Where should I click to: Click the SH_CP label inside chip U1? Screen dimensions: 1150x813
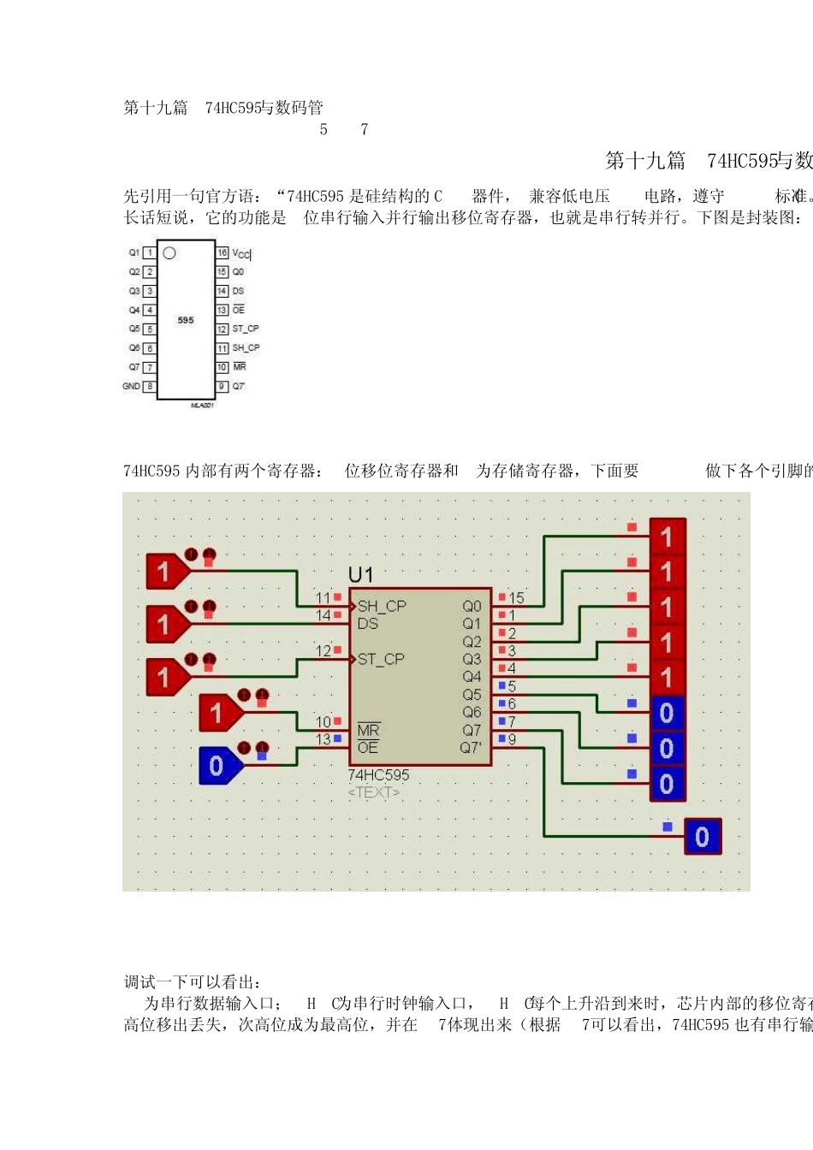pyautogui.click(x=382, y=606)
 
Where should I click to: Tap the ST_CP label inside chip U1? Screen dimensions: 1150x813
pyautogui.click(x=381, y=659)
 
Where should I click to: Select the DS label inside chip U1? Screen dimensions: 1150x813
pyautogui.click(x=368, y=624)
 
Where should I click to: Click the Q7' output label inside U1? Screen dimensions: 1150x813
pyautogui.click(x=471, y=748)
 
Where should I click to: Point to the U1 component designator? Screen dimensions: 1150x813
pyautogui.click(x=361, y=574)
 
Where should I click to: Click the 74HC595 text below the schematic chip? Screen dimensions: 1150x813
pyautogui.click(x=378, y=775)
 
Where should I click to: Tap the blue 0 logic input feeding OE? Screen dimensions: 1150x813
pyautogui.click(x=218, y=766)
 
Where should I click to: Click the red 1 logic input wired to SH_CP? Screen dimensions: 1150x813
pyautogui.click(x=165, y=572)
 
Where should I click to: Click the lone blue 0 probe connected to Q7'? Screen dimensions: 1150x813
pyautogui.click(x=703, y=837)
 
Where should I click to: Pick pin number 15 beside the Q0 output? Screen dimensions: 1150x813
pyautogui.click(x=516, y=598)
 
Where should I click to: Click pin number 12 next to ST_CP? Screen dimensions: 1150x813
pyautogui.click(x=323, y=651)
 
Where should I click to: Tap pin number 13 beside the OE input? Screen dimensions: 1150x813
pyautogui.click(x=323, y=739)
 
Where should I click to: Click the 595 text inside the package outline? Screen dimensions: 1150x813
pyautogui.click(x=186, y=320)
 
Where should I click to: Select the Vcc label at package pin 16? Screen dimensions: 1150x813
pyautogui.click(x=241, y=253)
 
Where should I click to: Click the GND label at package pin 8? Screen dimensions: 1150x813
pyautogui.click(x=131, y=386)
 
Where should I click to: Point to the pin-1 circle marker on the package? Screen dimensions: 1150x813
pyautogui.click(x=169, y=253)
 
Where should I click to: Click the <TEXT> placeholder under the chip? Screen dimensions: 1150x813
pyautogui.click(x=374, y=792)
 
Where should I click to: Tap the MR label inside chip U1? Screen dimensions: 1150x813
pyautogui.click(x=368, y=730)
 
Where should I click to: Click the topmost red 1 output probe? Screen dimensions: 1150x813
pyautogui.click(x=668, y=536)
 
